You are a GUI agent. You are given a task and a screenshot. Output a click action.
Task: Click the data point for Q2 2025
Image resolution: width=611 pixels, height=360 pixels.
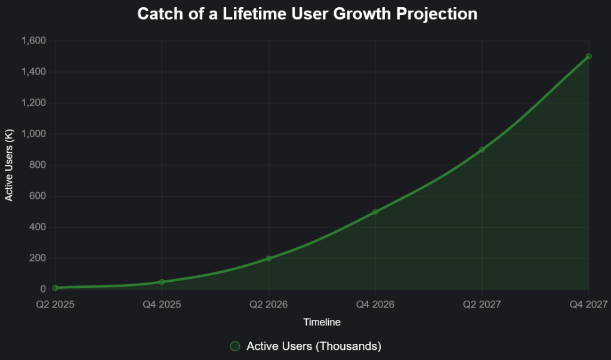tap(55, 288)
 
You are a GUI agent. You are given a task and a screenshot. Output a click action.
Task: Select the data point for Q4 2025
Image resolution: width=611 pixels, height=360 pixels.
tap(162, 282)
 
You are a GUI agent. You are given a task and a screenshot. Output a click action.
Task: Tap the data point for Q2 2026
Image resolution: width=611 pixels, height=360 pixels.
tap(269, 259)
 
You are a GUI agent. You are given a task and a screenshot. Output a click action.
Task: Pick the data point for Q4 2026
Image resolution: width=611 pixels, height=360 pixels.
tap(375, 212)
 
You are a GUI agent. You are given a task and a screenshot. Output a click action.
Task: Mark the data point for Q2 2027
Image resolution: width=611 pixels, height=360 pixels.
tap(482, 150)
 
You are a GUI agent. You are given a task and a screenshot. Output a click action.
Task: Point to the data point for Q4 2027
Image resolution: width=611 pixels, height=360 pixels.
tap(589, 57)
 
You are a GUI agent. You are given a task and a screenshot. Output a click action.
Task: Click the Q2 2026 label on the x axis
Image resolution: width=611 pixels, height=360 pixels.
tap(269, 304)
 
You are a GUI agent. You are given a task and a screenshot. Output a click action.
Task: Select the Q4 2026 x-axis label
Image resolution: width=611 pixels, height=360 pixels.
tap(375, 304)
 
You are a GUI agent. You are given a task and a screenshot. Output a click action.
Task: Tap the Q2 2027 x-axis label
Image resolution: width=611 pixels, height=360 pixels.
tap(482, 304)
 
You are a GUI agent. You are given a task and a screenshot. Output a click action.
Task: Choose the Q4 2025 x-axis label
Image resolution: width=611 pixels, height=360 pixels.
tap(162, 304)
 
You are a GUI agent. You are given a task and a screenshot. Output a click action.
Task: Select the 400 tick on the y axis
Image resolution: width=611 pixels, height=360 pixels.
tap(39, 227)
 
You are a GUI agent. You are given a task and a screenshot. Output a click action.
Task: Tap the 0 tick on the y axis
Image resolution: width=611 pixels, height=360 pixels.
tap(44, 290)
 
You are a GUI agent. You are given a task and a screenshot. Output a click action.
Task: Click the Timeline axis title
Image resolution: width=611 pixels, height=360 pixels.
tap(322, 322)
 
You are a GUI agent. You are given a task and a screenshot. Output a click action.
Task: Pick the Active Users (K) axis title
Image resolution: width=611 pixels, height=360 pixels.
tap(10, 165)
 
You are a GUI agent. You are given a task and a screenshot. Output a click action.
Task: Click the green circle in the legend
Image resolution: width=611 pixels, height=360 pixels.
tap(235, 346)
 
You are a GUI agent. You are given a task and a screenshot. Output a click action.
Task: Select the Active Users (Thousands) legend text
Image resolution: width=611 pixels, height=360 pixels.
tap(313, 346)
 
